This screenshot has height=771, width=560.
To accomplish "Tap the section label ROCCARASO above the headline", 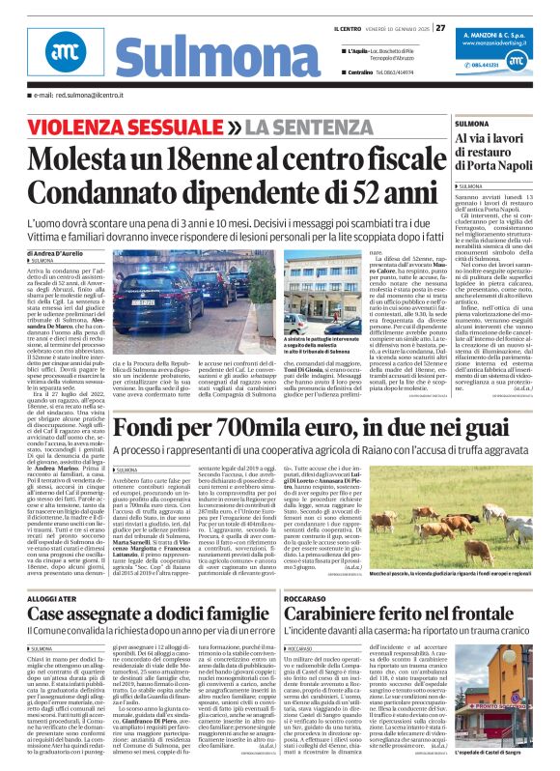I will pyautogui.click(x=310, y=598).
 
